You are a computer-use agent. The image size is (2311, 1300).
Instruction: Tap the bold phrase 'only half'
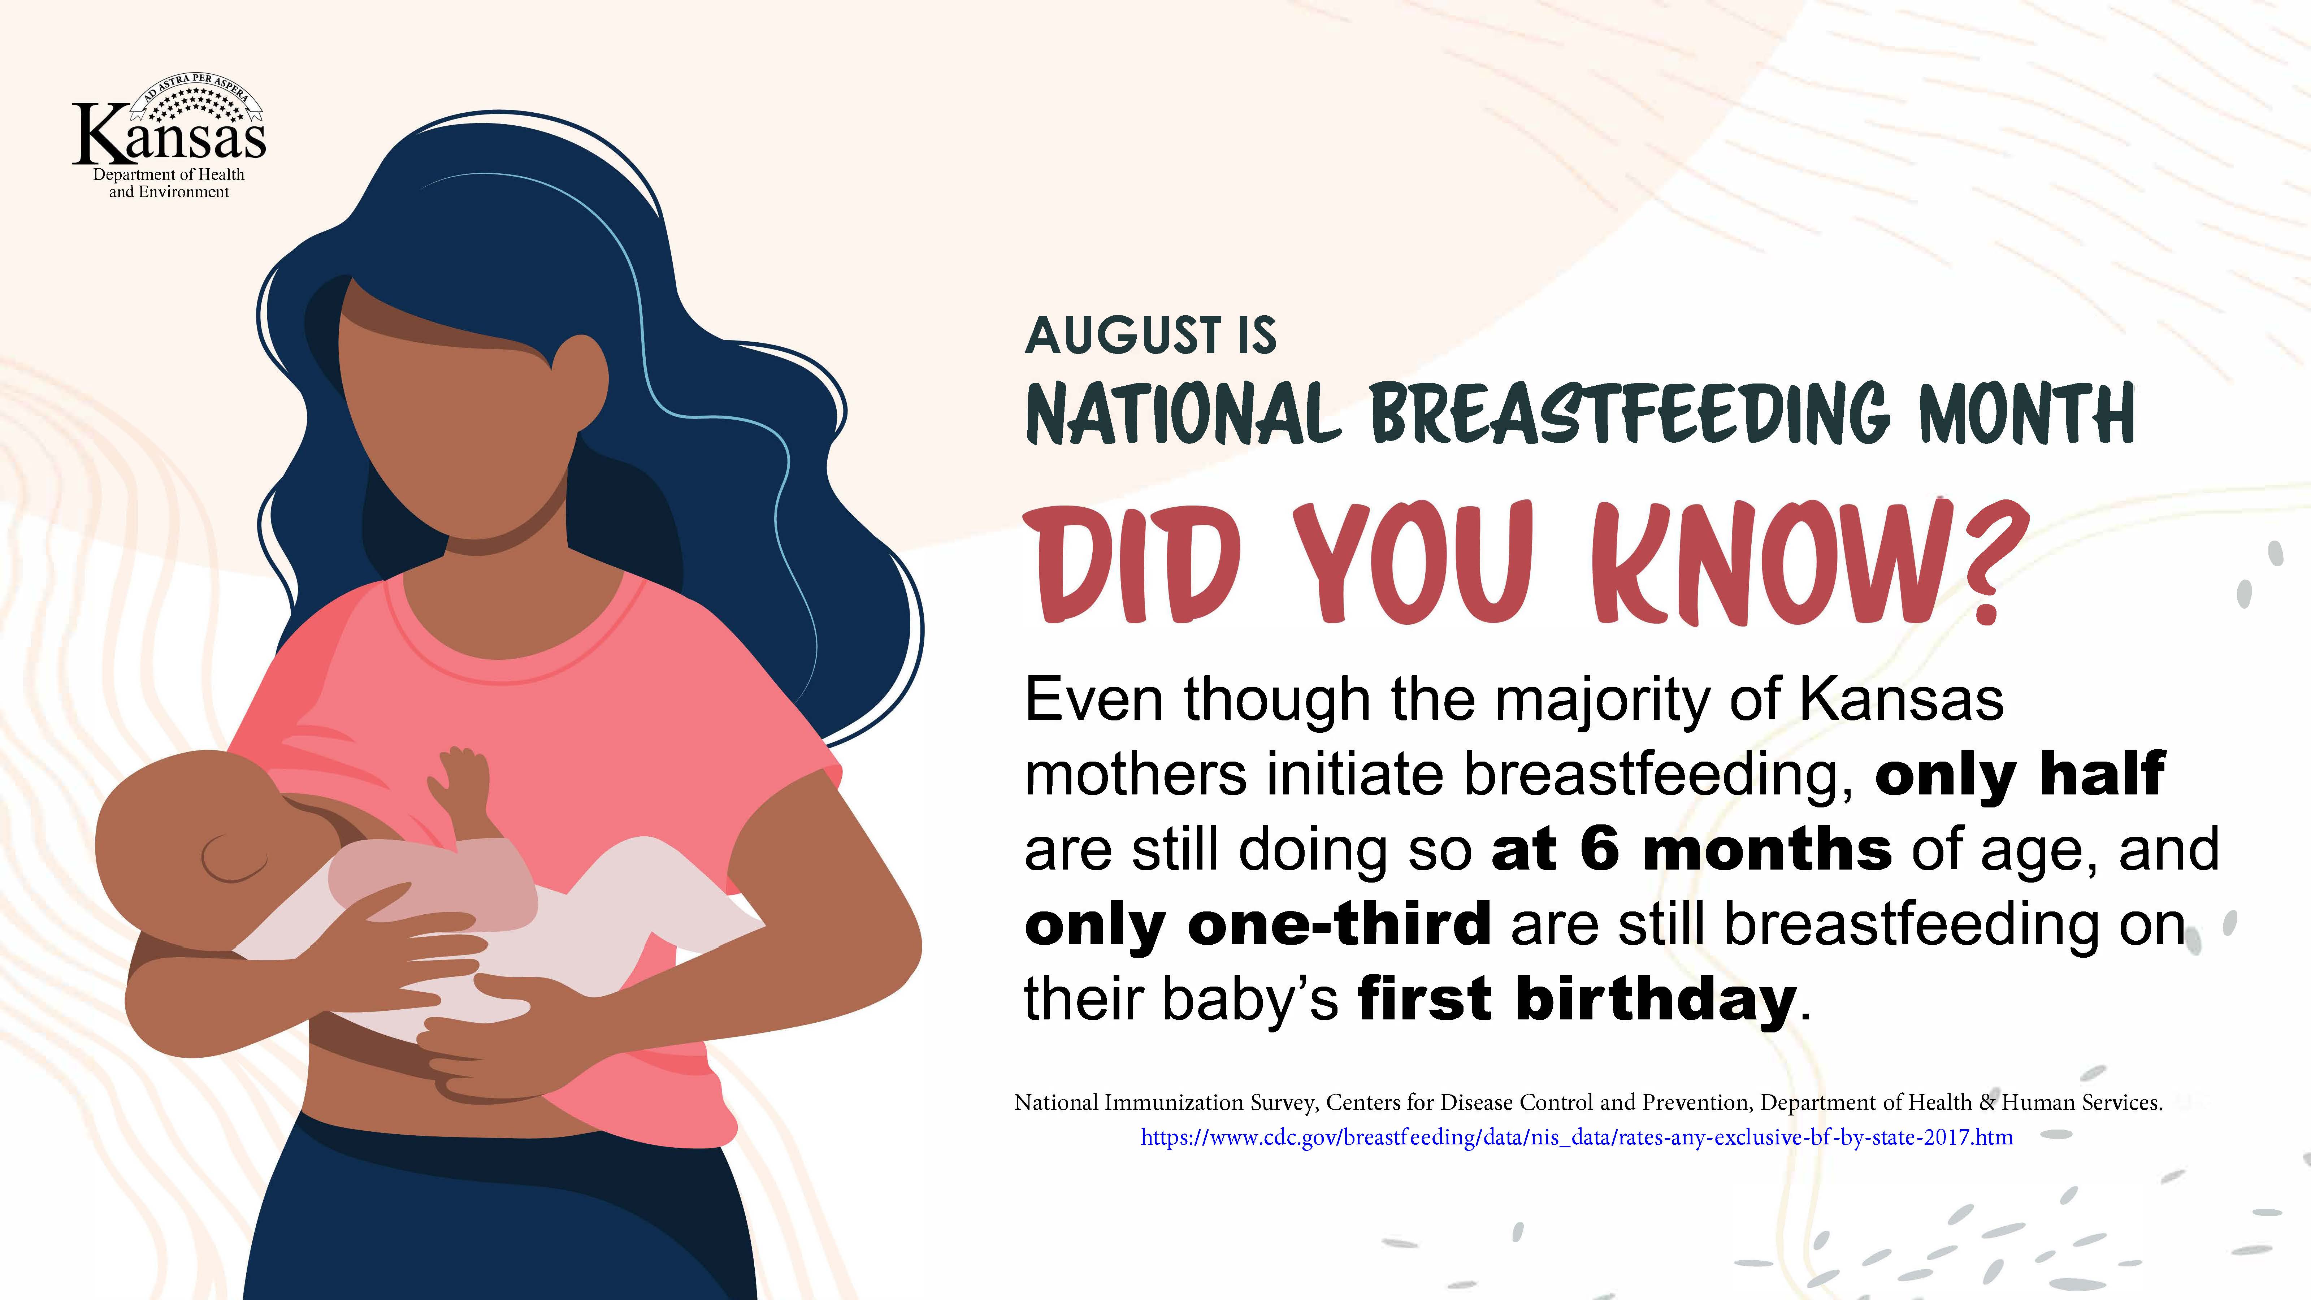(x=2020, y=776)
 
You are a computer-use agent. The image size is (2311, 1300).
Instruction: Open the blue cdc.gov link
(x=1576, y=1137)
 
